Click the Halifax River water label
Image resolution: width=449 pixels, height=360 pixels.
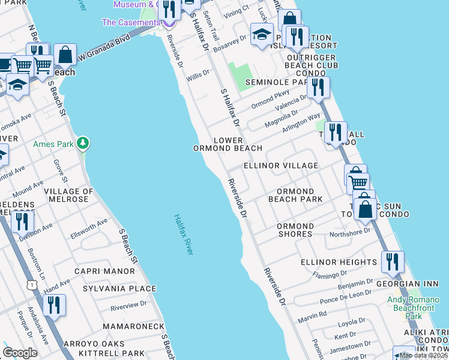184,235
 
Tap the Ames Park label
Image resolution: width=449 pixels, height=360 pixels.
61,144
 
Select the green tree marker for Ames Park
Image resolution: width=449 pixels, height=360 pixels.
83,143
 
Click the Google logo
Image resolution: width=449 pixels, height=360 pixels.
20,352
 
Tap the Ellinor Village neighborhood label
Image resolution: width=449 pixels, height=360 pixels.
280,166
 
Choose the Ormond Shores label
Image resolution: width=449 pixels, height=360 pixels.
295,230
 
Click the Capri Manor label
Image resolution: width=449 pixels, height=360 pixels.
104,271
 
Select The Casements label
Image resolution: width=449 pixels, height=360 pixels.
131,22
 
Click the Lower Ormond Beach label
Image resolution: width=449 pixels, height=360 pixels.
228,144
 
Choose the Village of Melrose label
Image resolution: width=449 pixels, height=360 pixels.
68,196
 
